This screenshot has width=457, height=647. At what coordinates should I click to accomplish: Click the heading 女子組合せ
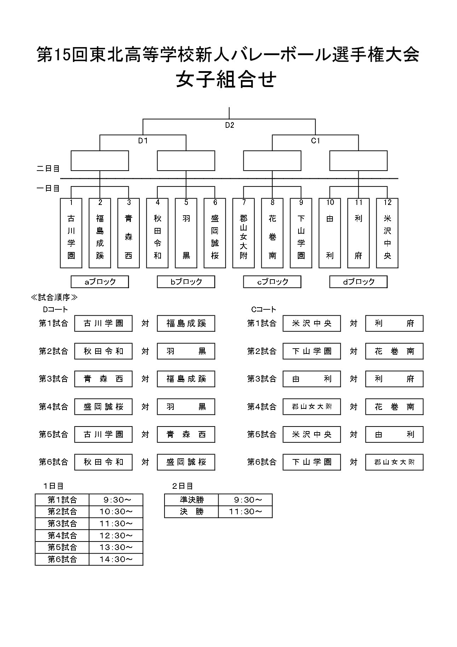[x=226, y=79]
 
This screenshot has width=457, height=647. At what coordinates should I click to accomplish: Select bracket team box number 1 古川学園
[x=71, y=233]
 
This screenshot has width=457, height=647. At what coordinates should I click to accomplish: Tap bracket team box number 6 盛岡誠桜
[x=215, y=233]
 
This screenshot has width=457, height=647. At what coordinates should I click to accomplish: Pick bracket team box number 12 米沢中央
[x=387, y=233]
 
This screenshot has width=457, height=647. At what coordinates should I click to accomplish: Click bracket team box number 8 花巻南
[x=272, y=233]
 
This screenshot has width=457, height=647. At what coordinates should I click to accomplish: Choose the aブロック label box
[x=100, y=282]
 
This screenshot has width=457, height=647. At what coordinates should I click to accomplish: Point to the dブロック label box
[x=358, y=282]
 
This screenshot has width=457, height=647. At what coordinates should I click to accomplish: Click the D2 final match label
[x=230, y=125]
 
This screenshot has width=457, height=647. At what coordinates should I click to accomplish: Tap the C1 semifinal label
[x=316, y=141]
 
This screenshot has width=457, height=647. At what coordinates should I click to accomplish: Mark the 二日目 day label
[x=48, y=168]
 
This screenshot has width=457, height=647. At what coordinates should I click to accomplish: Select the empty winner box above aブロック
[x=100, y=161]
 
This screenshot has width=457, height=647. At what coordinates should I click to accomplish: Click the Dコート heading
[x=55, y=309]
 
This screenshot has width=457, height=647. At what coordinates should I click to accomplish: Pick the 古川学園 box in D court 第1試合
[x=103, y=323]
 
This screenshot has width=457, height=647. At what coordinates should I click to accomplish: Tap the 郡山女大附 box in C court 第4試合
[x=312, y=407]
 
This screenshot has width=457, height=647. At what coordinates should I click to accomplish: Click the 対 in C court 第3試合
[x=353, y=379]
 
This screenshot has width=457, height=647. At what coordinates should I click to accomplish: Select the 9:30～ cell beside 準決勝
[x=245, y=500]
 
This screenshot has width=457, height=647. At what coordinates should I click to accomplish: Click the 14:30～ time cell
[x=116, y=559]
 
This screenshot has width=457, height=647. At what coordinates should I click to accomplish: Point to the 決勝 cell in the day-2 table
[x=192, y=512]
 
